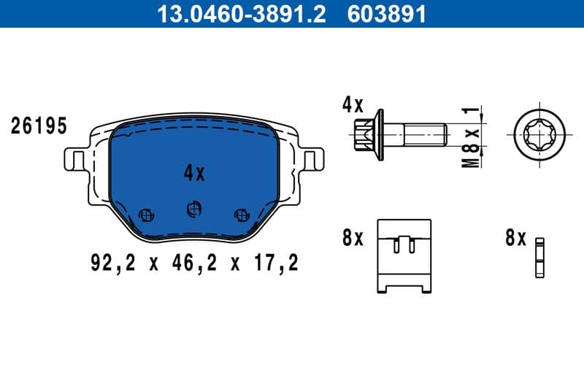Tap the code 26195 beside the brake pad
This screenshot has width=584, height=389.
pyautogui.click(x=39, y=126)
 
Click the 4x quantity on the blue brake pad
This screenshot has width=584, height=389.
pyautogui.click(x=194, y=173)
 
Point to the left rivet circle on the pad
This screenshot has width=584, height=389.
pyautogui.click(x=145, y=215)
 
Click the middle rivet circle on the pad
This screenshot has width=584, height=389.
pyautogui.click(x=193, y=209)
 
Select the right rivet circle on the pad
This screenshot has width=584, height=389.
pyautogui.click(x=241, y=215)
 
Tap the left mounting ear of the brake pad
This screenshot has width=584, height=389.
pyautogui.click(x=75, y=159)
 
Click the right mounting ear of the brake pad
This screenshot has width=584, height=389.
pyautogui.click(x=312, y=159)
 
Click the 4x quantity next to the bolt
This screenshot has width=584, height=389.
pyautogui.click(x=353, y=104)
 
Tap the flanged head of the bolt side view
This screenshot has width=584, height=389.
pyautogui.click(x=369, y=135)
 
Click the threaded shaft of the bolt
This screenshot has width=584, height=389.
pyautogui.click(x=423, y=135)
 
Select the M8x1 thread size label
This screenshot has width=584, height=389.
pyautogui.click(x=473, y=137)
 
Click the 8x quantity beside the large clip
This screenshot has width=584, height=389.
pyautogui.click(x=353, y=238)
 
